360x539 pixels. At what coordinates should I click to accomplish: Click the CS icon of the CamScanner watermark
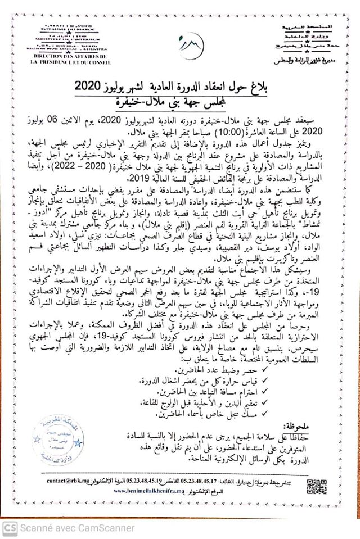[8, 528]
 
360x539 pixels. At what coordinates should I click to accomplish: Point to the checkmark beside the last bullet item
[280, 415]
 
